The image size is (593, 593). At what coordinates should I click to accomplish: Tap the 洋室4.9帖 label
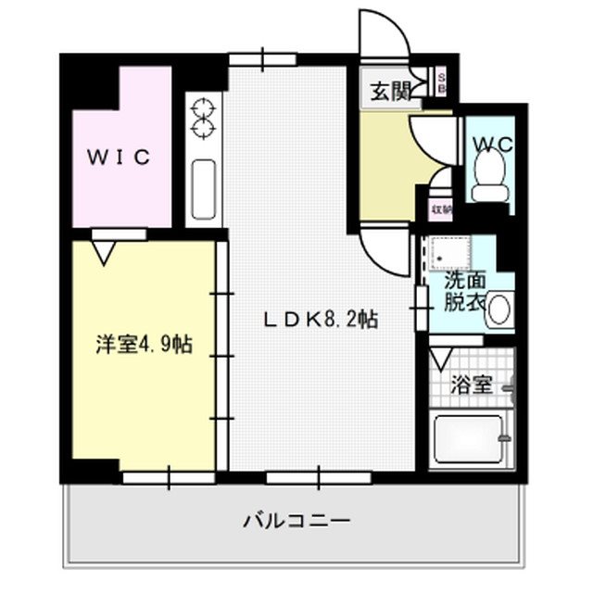coord(143,345)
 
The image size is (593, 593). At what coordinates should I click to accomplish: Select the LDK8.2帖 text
coord(321,320)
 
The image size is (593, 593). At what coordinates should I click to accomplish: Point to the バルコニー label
coord(296,521)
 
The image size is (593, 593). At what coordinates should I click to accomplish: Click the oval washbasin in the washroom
coord(500,309)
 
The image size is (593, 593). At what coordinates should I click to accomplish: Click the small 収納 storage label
coord(442,208)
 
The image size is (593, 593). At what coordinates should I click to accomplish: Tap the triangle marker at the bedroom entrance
coord(104,249)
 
